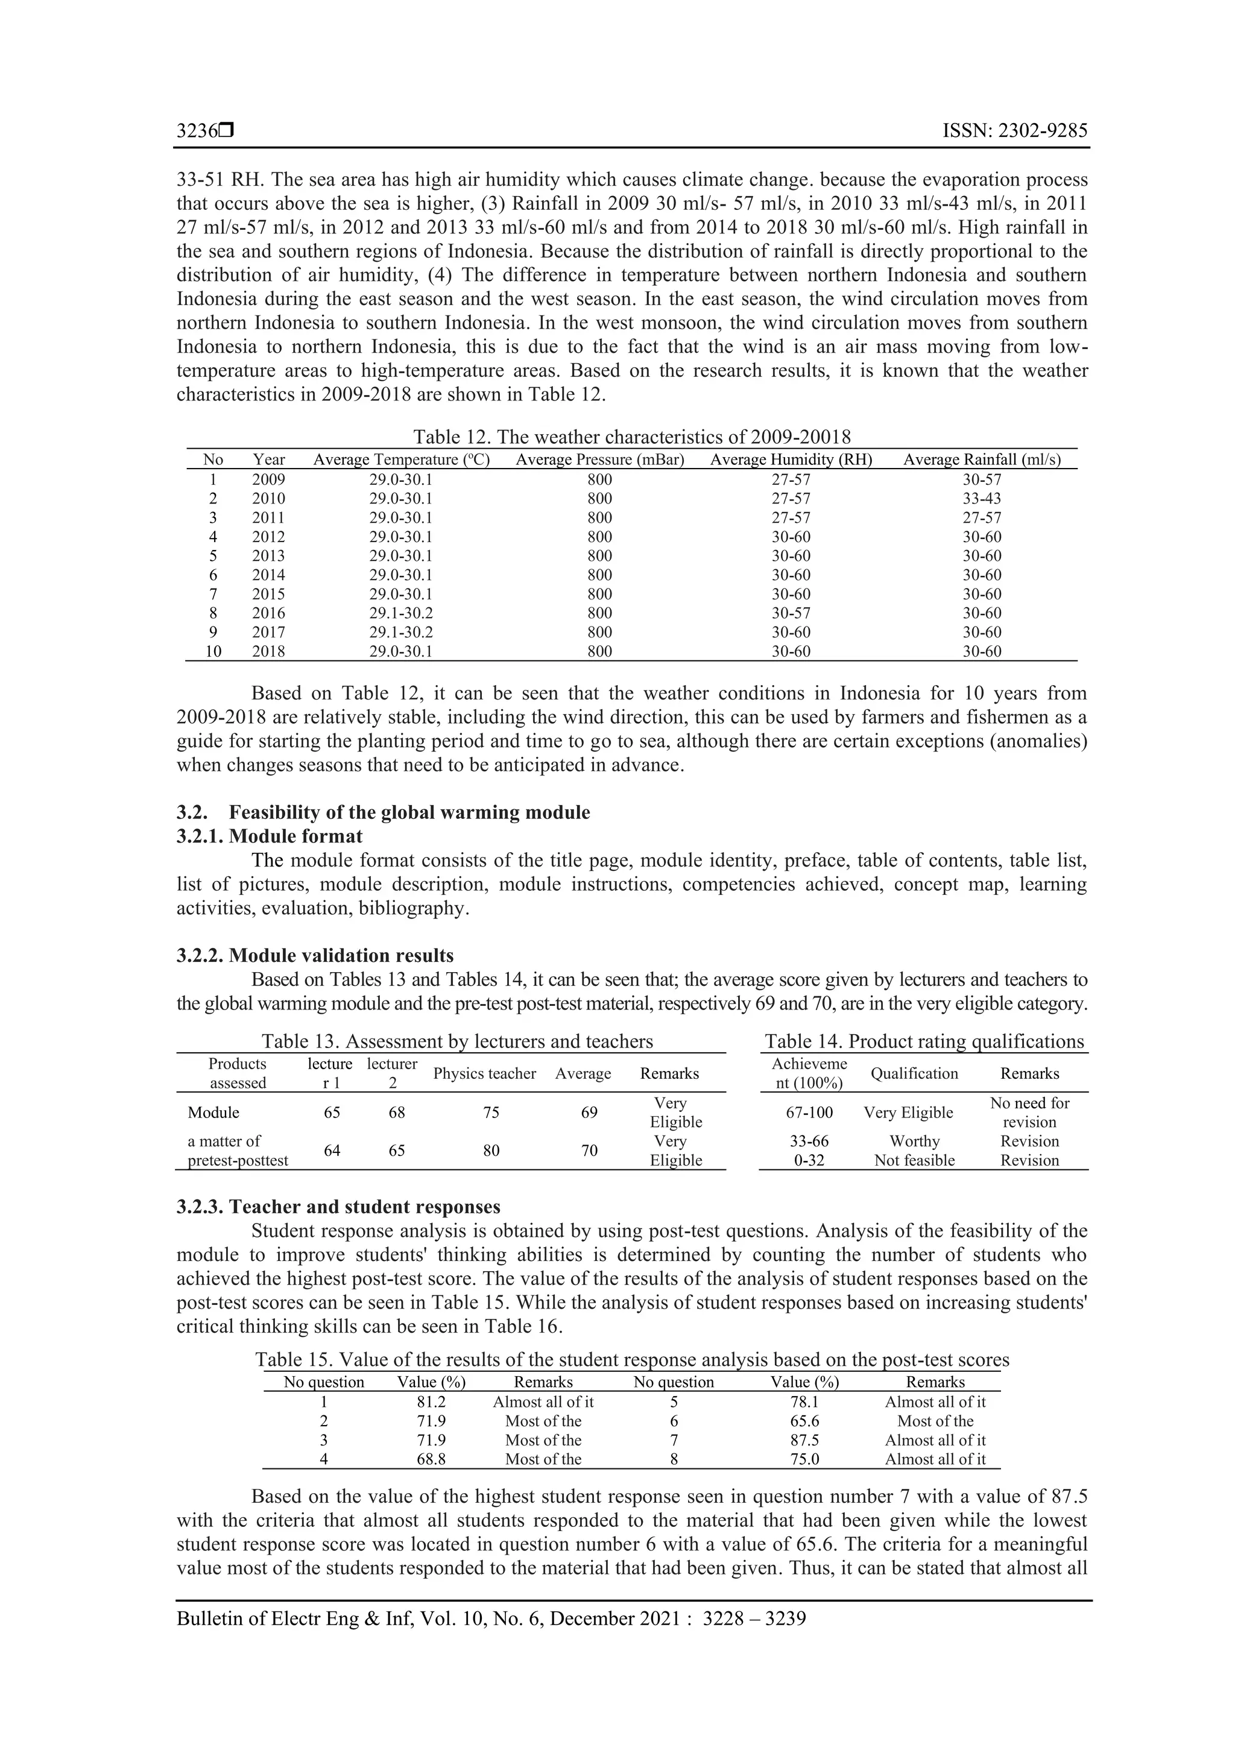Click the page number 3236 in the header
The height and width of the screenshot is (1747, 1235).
197,131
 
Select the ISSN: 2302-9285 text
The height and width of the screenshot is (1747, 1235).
1014,131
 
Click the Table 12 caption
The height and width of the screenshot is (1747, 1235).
631,437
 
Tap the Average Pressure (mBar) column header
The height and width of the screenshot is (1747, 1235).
599,460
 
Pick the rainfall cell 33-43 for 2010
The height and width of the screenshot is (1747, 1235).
982,498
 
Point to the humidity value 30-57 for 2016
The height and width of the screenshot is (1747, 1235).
791,613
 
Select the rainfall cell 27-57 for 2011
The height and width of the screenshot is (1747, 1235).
982,517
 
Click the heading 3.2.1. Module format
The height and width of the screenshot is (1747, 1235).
270,836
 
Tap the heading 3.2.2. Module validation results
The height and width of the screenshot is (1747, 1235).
315,956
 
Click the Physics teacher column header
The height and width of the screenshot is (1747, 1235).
485,1073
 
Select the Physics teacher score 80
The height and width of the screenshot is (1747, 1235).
491,1151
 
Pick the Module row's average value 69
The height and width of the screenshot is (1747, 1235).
589,1113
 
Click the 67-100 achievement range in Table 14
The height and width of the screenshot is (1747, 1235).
809,1113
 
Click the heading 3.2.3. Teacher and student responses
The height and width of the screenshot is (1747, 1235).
339,1207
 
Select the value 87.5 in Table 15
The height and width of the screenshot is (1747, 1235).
804,1441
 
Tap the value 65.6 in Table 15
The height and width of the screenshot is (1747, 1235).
804,1421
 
